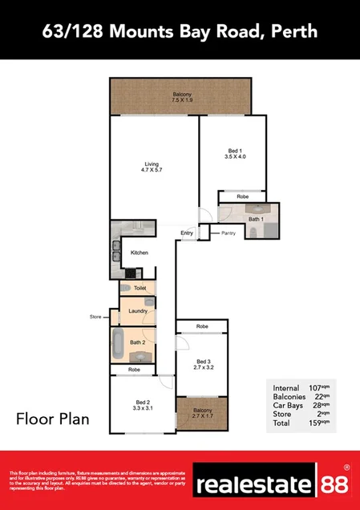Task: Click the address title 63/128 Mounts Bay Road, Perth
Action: [180, 31]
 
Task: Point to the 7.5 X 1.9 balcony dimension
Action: [181, 102]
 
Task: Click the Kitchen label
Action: [140, 253]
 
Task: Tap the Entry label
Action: [188, 233]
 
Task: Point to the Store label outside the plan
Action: [96, 318]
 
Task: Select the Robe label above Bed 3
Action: [203, 327]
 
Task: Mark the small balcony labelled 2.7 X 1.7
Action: [203, 414]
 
